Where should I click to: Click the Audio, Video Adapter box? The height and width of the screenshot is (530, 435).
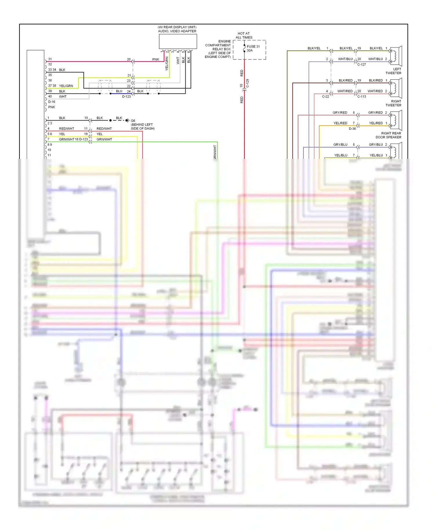tap(178, 41)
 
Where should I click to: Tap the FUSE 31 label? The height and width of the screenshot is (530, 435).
tap(253, 46)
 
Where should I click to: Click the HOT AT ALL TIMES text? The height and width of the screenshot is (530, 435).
tap(244, 35)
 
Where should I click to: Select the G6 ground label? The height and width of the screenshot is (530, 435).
tap(133, 121)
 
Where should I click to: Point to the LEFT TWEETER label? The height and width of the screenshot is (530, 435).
tap(394, 71)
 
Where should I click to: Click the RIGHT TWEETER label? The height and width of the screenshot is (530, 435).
tap(394, 103)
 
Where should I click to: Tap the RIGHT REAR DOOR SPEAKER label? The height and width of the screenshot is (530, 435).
tap(389, 135)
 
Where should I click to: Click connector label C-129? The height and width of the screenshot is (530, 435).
tap(247, 83)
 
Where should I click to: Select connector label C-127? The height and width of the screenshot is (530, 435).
tap(362, 64)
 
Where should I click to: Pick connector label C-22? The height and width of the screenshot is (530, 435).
tap(325, 97)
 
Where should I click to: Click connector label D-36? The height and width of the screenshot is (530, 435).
tap(352, 129)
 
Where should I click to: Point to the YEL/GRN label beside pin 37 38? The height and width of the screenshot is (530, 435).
tap(66, 86)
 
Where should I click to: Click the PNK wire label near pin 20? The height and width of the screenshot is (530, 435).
tap(156, 59)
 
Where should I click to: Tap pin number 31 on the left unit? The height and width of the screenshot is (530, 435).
tap(50, 59)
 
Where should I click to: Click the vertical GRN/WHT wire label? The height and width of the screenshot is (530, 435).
tap(215, 152)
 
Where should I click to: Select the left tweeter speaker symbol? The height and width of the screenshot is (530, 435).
tap(396, 56)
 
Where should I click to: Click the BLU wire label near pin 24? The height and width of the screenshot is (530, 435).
tap(119, 91)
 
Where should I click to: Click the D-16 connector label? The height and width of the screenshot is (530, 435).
tap(52, 102)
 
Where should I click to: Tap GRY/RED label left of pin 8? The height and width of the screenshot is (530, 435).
tap(340, 112)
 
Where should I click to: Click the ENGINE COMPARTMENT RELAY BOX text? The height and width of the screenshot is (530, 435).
tap(218, 49)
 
